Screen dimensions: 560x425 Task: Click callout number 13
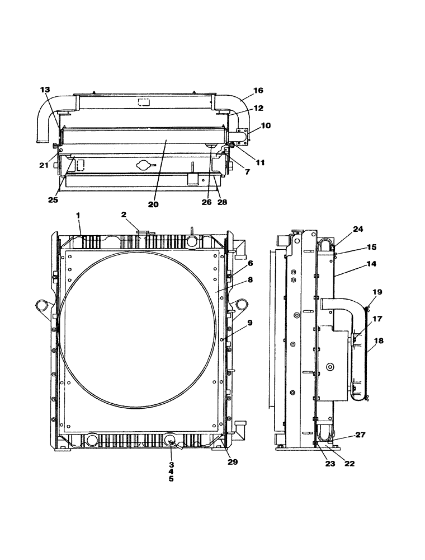point(45,90)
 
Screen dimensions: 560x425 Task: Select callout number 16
point(258,90)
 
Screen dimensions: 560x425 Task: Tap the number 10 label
point(266,125)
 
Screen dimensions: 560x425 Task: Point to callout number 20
point(153,204)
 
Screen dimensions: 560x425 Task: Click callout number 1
point(79,215)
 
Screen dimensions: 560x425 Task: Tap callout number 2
point(124,215)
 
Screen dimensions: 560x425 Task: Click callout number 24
point(358,228)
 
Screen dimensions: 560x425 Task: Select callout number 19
point(377,292)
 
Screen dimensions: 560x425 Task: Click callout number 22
point(350,464)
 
